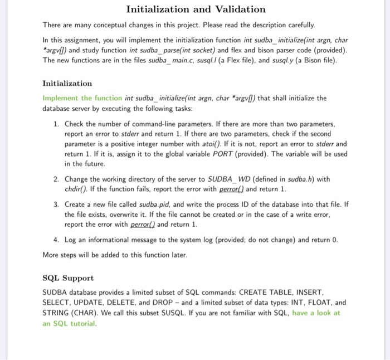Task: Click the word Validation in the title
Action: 237,9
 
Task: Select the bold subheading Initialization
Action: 67,83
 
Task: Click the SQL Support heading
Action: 68,278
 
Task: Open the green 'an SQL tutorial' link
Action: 69,323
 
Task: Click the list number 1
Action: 57,124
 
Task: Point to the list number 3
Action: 57,205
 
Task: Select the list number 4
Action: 57,240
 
